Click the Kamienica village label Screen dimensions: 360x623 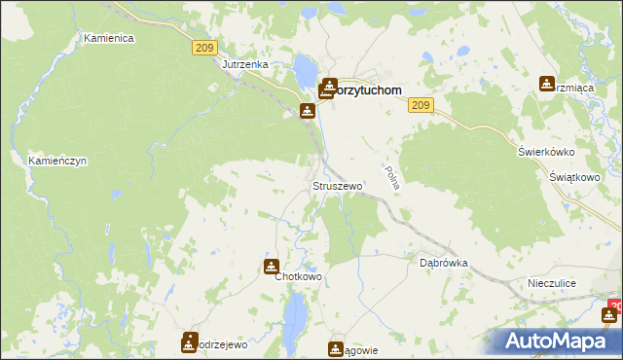click(108, 38)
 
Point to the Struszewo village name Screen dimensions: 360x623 click(337, 185)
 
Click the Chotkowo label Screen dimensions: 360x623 click(298, 276)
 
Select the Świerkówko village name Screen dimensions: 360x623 click(547, 152)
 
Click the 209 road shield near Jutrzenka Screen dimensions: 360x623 click(202, 47)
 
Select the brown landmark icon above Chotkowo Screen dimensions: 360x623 click(271, 266)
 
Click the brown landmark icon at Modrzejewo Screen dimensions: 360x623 click(189, 342)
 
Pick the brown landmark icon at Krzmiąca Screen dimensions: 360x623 click(547, 85)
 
